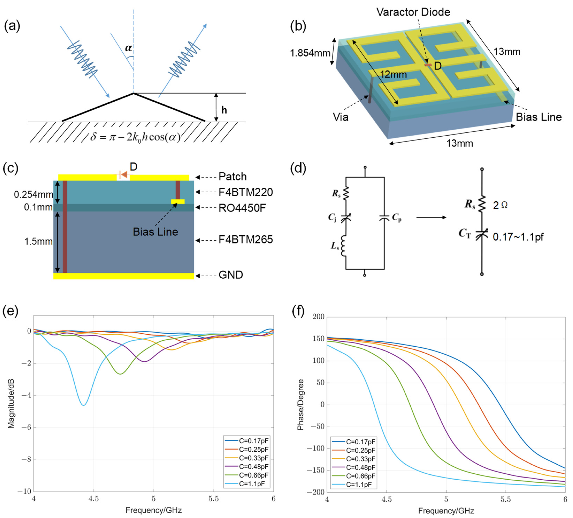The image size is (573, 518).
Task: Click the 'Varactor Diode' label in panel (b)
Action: [x=413, y=12]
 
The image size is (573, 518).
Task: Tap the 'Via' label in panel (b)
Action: [x=341, y=117]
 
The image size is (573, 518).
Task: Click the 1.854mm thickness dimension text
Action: [x=310, y=53]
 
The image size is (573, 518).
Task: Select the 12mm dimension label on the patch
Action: [x=393, y=75]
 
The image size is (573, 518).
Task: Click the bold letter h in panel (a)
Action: [x=224, y=110]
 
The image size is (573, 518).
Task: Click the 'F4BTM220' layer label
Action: [x=246, y=192]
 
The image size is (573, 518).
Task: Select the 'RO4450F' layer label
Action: [x=242, y=208]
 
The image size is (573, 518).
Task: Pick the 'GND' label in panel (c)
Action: [x=231, y=275]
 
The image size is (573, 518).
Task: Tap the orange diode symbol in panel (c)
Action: [x=124, y=175]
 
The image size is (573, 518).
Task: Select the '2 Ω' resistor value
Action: [x=500, y=205]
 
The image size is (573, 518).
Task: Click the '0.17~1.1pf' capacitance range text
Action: [x=518, y=237]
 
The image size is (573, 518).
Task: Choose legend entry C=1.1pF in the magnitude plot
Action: [x=252, y=484]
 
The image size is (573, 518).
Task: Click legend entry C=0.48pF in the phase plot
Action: [x=360, y=467]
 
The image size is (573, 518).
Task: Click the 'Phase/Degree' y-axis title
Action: [x=300, y=404]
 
